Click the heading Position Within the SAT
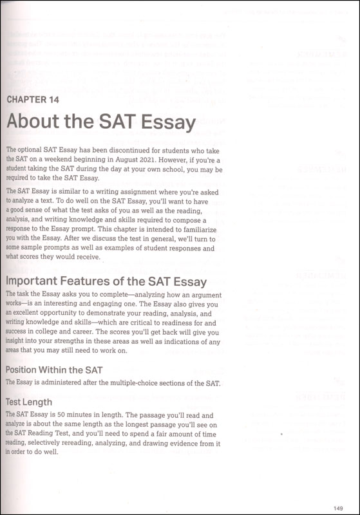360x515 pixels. coord(53,370)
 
